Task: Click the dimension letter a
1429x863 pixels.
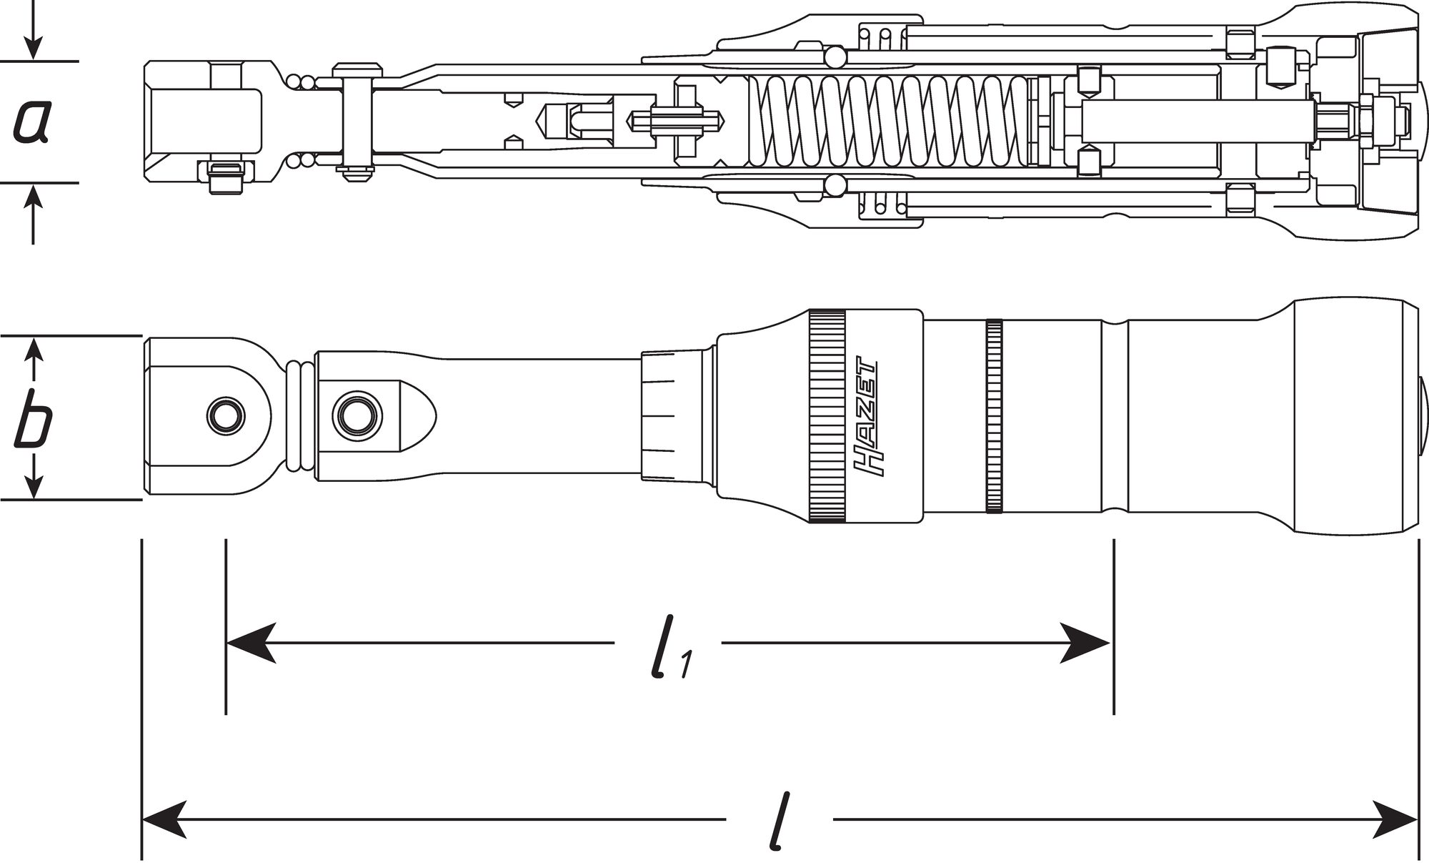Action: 32,122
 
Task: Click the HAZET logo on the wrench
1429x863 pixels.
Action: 866,415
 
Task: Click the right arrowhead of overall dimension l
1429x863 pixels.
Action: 1393,819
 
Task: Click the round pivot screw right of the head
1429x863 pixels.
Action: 354,413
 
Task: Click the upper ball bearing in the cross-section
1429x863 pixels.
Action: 833,56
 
